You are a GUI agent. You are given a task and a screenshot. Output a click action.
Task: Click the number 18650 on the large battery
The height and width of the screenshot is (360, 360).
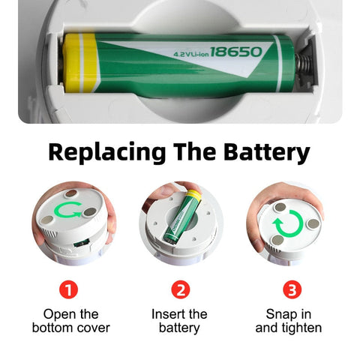pos(235,52)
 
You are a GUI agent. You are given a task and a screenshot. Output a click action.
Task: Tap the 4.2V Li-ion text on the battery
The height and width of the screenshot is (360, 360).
pos(191,54)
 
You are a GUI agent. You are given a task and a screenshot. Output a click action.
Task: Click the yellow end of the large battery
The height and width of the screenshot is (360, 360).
pos(80,63)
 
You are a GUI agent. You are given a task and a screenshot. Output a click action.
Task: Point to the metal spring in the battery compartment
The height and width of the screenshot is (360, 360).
pos(304,65)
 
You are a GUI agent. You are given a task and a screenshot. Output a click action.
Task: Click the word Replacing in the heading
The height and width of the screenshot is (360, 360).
pos(107,152)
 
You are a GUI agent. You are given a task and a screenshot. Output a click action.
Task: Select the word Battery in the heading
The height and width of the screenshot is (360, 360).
pos(267,152)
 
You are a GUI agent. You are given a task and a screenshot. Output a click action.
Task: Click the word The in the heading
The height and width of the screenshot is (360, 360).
pos(194,151)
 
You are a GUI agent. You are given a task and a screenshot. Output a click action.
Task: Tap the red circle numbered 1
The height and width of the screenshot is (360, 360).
pos(68,289)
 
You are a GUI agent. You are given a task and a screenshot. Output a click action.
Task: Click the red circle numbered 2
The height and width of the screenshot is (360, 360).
pos(181,289)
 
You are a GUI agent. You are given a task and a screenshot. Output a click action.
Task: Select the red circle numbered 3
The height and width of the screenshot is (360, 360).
pos(292,289)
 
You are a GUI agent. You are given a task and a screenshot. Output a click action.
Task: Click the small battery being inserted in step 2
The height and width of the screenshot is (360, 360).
pos(183,217)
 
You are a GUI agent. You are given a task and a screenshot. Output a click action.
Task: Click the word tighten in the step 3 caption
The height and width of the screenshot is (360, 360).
pos(301,328)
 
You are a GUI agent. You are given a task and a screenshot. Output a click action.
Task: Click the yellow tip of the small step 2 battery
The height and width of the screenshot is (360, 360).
pos(194,195)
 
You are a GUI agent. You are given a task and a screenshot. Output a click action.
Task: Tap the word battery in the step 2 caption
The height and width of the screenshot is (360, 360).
pos(179,328)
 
